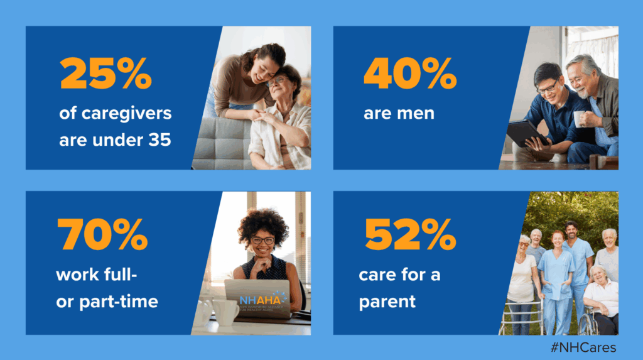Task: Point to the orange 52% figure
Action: click(x=410, y=234)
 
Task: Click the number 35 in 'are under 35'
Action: click(x=159, y=139)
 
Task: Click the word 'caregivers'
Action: click(x=116, y=114)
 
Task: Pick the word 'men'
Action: click(x=420, y=114)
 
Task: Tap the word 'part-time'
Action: click(x=119, y=302)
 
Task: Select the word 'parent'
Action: click(x=387, y=302)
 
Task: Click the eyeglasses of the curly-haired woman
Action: click(x=263, y=240)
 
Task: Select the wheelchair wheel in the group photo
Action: click(x=588, y=322)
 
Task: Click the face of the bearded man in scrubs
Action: click(x=571, y=230)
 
